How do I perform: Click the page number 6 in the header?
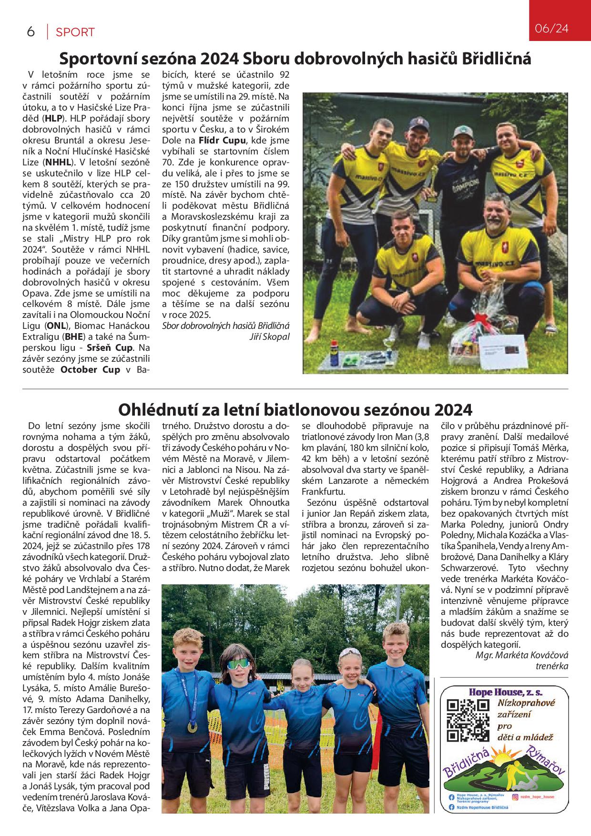[31, 32]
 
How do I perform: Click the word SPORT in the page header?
[75, 32]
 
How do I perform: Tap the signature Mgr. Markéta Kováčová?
[522, 655]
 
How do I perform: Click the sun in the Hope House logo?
[506, 757]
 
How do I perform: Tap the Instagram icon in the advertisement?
[515, 796]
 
